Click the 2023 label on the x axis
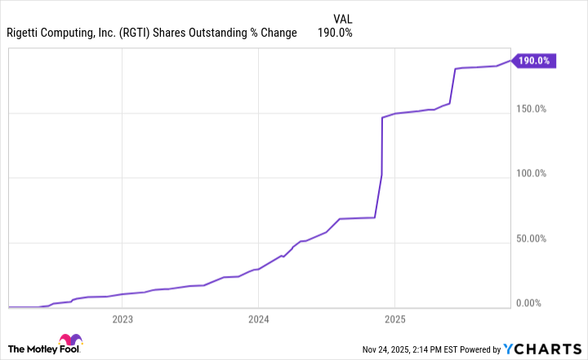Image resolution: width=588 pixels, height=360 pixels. pyautogui.click(x=122, y=318)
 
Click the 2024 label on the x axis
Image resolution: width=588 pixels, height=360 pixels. pyautogui.click(x=258, y=318)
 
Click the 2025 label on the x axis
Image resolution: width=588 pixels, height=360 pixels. pyautogui.click(x=394, y=318)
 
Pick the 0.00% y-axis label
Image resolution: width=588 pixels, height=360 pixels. pyautogui.click(x=540, y=304)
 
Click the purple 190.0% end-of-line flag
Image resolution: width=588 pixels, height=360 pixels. pyautogui.click(x=535, y=60)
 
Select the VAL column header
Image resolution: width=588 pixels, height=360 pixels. pyautogui.click(x=344, y=18)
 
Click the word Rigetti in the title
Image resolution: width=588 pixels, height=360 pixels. pyautogui.click(x=25, y=33)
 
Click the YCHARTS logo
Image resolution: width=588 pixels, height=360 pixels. pyautogui.click(x=542, y=349)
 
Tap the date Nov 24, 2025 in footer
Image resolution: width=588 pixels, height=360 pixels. pyautogui.click(x=394, y=349)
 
